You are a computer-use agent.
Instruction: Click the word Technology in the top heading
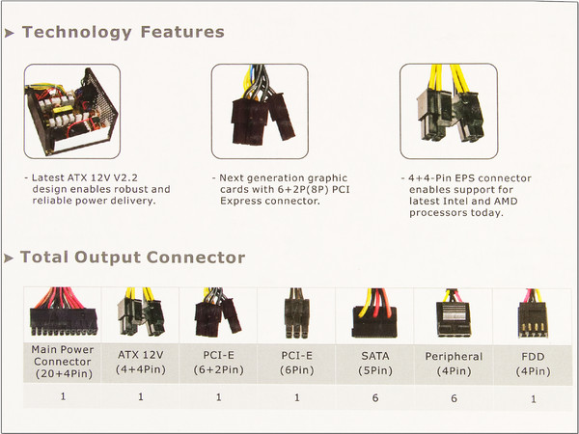[x=77, y=33]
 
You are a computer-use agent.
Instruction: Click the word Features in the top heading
[x=182, y=32]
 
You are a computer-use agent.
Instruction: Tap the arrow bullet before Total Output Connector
[x=9, y=258]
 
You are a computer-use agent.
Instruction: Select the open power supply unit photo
[x=72, y=111]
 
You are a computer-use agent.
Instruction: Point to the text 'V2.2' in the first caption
[x=125, y=177]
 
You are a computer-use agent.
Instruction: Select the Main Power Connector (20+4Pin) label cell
[x=63, y=362]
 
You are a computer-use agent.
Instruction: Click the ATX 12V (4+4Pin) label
[x=140, y=362]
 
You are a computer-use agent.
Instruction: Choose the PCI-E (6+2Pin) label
[x=219, y=363]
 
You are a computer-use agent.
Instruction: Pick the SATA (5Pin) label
[x=375, y=364]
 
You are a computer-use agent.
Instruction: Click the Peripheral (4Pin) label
[x=454, y=364]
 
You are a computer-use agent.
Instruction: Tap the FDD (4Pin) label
[x=533, y=365]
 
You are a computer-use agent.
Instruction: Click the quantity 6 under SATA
[x=375, y=397]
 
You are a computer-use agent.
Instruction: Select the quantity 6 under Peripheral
[x=454, y=398]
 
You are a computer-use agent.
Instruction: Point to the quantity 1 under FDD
[x=534, y=399]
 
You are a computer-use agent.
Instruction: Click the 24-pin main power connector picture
[x=64, y=312]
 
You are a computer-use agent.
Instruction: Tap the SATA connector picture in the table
[x=374, y=313]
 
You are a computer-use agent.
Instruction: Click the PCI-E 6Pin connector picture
[x=296, y=313]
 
